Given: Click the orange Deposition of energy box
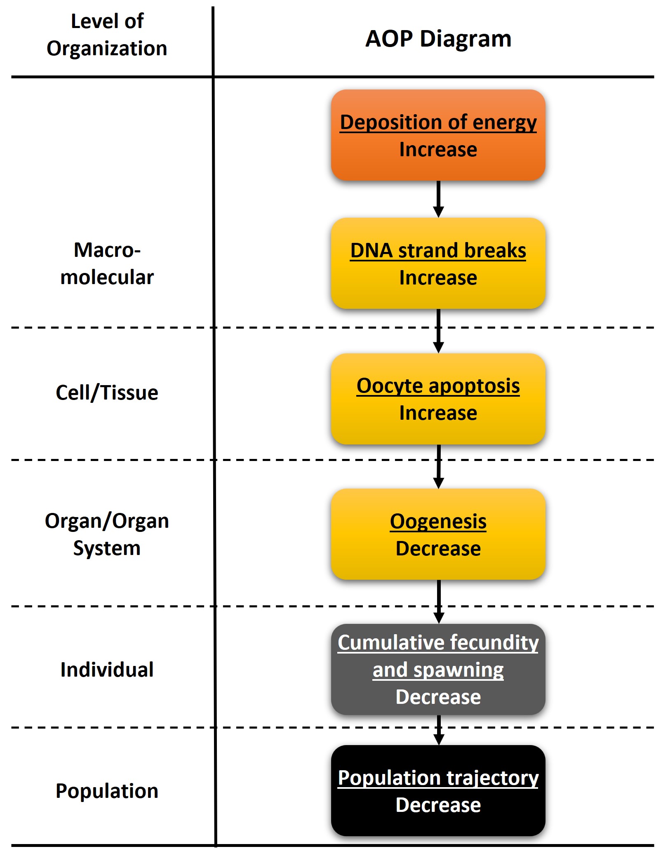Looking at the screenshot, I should [438, 135].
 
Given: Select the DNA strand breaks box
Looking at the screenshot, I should [438, 263].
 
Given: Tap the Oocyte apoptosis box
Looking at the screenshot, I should [438, 399].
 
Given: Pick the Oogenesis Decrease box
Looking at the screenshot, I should [438, 534].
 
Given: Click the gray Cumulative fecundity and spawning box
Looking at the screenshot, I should [438, 669].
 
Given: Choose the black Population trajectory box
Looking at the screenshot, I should [438, 790].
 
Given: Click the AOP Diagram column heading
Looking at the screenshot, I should [438, 39].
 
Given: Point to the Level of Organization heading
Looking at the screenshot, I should [107, 35].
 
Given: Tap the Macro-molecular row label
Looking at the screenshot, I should [107, 263].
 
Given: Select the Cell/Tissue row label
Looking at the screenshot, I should [107, 393].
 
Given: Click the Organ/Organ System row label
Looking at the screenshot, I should [107, 534].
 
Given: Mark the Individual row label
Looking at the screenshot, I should [107, 670].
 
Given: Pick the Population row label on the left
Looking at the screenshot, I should [107, 791].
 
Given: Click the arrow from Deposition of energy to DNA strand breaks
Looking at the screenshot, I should [438, 199].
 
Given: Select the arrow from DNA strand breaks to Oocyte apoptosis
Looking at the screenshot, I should [438, 331].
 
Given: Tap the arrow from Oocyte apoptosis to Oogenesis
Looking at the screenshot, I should [439, 467].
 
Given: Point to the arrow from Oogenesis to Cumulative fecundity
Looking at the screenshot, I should [439, 602].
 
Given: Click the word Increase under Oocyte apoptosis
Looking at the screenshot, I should [438, 413].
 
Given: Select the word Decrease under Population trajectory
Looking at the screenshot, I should [438, 804].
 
